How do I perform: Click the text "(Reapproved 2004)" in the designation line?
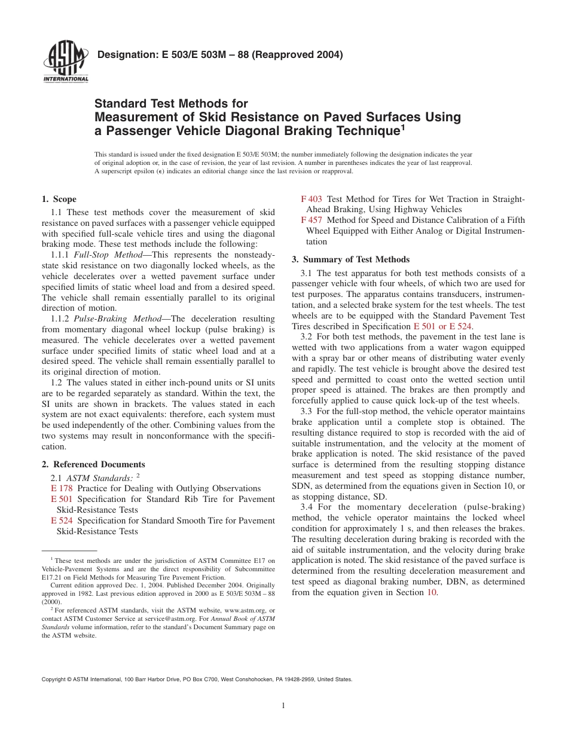(297, 55)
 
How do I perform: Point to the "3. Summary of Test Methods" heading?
(350, 259)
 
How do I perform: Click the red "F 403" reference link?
(311, 199)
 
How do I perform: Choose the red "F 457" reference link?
(311, 220)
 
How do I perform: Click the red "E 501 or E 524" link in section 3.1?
(442, 326)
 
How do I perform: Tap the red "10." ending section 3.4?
(432, 592)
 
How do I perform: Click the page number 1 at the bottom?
(283, 705)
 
